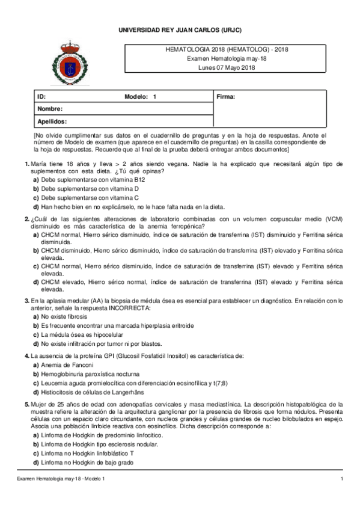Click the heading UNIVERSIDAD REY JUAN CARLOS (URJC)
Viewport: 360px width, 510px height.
click(180, 30)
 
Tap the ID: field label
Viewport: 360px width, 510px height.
click(41, 97)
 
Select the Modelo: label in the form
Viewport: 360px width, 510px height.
click(136, 97)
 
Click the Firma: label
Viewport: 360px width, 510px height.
click(225, 97)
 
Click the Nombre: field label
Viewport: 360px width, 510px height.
click(50, 109)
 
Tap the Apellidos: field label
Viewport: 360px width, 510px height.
click(52, 121)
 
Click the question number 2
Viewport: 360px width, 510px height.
click(26, 218)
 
